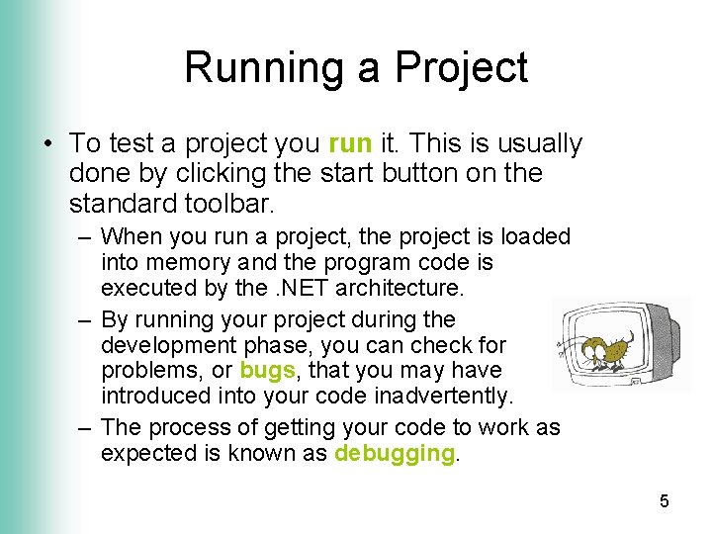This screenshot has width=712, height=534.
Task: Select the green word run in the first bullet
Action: coord(348,144)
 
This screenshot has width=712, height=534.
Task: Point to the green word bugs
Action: coord(268,371)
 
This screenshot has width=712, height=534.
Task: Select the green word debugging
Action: coord(395,454)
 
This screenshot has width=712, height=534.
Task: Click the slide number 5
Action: coord(665,501)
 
